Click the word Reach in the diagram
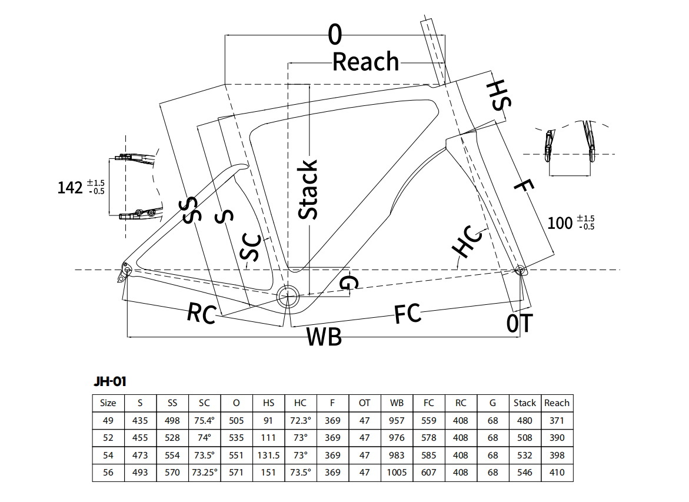[x=365, y=62]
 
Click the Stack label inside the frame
[x=308, y=189]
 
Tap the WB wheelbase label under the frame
[x=324, y=337]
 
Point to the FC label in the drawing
[x=408, y=314]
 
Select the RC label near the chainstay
[x=202, y=312]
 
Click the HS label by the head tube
[x=499, y=96]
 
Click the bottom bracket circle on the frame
[x=289, y=296]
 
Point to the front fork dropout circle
[x=520, y=270]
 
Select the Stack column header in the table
[x=524, y=403]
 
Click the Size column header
[x=108, y=403]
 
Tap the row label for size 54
[x=108, y=455]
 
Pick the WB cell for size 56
[x=397, y=473]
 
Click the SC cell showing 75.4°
[x=204, y=420]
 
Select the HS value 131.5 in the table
[x=268, y=455]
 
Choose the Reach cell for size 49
[x=557, y=420]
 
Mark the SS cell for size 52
[x=172, y=438]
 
